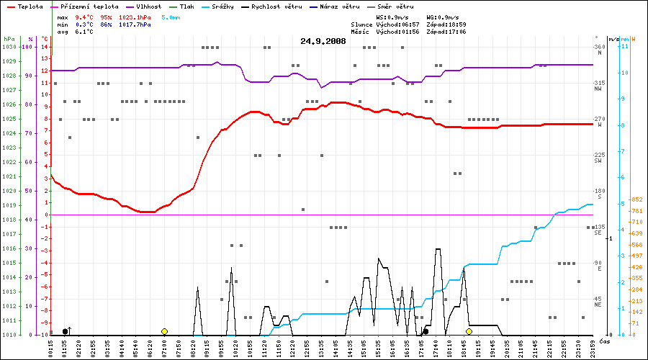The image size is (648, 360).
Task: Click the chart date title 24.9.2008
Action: click(x=323, y=41)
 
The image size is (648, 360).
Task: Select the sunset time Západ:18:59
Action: click(x=447, y=24)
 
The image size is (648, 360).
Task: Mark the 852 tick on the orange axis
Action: click(x=636, y=199)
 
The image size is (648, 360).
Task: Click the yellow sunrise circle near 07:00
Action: click(x=164, y=331)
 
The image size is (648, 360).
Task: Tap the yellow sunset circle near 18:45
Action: click(x=469, y=331)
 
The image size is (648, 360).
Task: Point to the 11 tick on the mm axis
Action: click(x=624, y=46)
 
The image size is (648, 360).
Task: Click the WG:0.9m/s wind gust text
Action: click(x=442, y=16)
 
